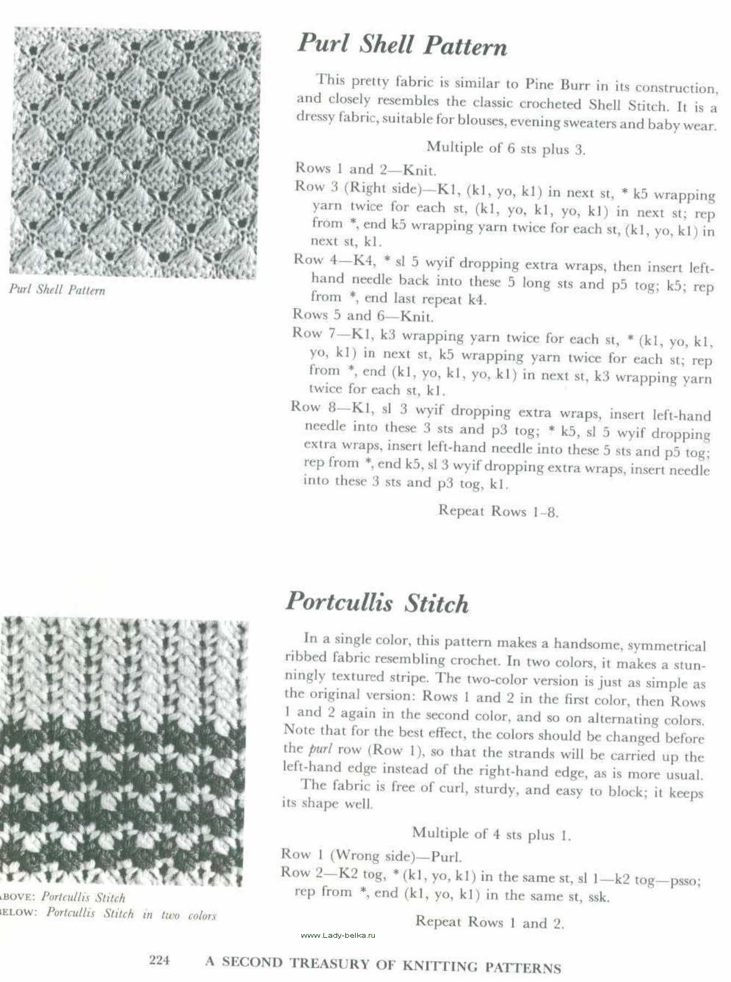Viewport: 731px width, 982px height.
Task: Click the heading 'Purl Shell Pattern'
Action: click(x=402, y=45)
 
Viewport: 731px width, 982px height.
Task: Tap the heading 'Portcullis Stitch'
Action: click(x=377, y=602)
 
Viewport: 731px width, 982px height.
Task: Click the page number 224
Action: click(x=159, y=960)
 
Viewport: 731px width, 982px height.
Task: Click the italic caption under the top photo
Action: click(x=57, y=290)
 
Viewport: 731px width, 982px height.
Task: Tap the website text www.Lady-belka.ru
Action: click(x=338, y=935)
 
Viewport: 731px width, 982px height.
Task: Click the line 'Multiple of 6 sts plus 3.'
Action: click(x=506, y=148)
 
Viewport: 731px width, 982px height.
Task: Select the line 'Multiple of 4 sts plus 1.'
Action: click(x=491, y=834)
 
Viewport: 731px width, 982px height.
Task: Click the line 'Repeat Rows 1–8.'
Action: click(x=498, y=511)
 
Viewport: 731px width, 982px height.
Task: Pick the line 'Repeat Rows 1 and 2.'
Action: click(x=489, y=923)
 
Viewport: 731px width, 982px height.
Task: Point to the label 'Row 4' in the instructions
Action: click(x=309, y=259)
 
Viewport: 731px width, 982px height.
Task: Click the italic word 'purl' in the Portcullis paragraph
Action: click(x=320, y=749)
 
